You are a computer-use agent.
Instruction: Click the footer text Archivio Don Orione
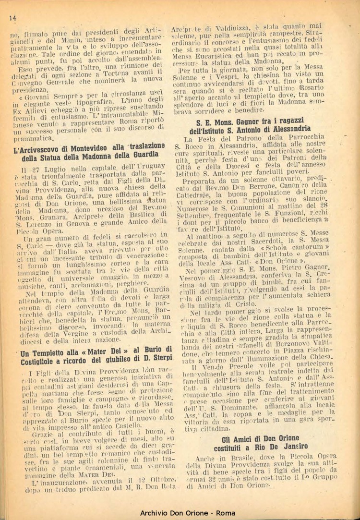[x=180, y=513]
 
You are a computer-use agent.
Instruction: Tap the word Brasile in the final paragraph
[x=233, y=458]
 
